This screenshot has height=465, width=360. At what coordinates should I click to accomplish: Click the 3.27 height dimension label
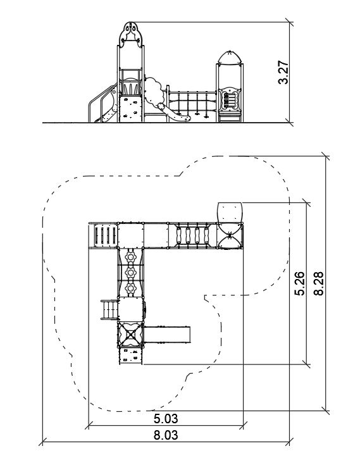pos(283,72)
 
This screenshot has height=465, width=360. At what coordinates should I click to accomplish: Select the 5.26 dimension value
pos(299,283)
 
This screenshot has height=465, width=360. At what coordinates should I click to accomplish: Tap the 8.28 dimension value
pos(318,283)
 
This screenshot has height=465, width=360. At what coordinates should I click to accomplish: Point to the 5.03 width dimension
pos(166,419)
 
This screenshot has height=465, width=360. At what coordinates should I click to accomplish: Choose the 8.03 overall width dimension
pos(166,435)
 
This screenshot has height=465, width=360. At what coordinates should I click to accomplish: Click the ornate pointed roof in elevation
pos(130,34)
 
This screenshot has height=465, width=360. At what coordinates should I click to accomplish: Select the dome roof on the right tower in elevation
pos(230,58)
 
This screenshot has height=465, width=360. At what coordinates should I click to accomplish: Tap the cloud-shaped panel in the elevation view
pos(154,91)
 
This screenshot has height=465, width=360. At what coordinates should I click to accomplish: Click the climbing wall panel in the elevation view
pos(130,109)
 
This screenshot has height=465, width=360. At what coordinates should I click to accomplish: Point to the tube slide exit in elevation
pos(174,113)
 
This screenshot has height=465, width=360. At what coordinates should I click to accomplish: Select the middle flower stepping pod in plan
pos(130,272)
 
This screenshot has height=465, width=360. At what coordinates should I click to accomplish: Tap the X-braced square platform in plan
pos(130,335)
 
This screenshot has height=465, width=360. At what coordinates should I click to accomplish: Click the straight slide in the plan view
pos(167,335)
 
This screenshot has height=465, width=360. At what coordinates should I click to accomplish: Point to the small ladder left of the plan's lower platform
pos(109,310)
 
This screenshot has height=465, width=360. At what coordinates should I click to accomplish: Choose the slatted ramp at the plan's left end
pos(103,235)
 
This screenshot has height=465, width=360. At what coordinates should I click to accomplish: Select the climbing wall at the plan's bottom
pos(131,356)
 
